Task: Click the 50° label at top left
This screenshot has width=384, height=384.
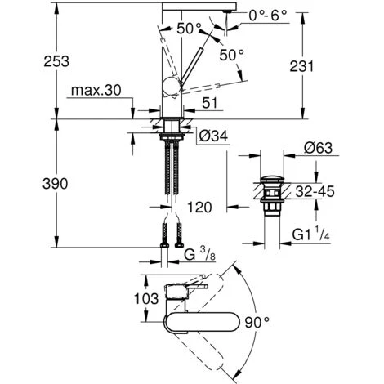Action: tap(190, 28)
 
